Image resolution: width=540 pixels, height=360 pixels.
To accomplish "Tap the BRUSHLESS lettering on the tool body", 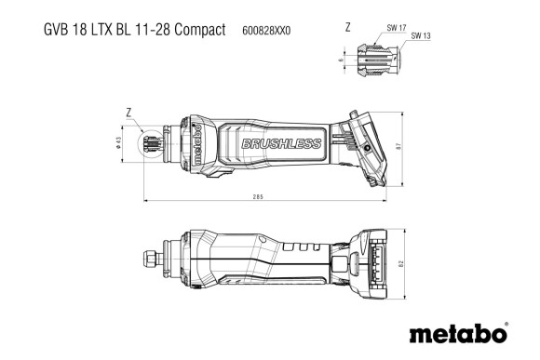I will [279, 143].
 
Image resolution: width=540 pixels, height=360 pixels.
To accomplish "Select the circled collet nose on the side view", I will [152, 144].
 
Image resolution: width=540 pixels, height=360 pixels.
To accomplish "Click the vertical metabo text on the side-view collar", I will [197, 144].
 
